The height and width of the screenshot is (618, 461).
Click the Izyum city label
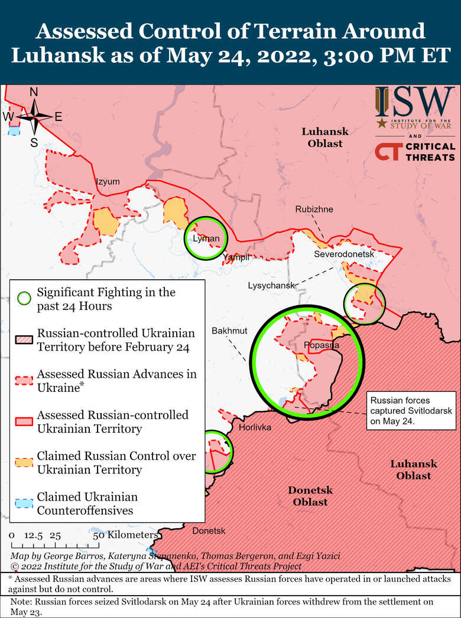pos(108,182)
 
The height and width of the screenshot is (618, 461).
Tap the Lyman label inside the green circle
pos(206,238)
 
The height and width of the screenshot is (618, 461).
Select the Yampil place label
pos(236,257)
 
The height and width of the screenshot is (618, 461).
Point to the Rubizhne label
pos(314,210)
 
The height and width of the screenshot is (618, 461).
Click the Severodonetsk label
pos(345,254)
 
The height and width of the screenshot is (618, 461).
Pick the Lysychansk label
pos(271,286)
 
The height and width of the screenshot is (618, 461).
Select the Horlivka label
pos(255,427)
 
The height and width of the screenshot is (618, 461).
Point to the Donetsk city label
pos(209,531)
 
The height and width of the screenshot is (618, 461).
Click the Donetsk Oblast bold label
pos(310,496)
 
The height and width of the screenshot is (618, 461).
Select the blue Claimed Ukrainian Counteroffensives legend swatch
pos(24,503)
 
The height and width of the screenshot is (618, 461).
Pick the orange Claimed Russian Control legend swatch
pos(24,462)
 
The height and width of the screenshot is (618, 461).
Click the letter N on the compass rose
pos(34,92)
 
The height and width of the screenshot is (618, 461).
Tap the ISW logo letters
pos(415,102)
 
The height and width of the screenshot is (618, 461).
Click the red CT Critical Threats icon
pos(387,151)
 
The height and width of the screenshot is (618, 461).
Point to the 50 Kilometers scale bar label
pos(125,535)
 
